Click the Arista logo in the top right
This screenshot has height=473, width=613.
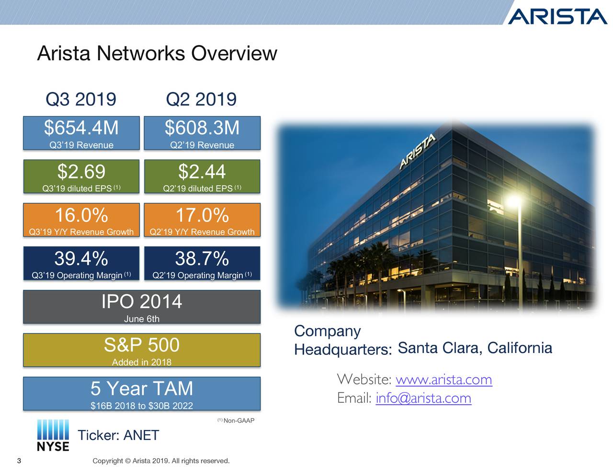557,16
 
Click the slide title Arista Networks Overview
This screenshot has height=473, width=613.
157,53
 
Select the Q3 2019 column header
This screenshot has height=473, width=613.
81,99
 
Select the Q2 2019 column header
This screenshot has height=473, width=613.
201,99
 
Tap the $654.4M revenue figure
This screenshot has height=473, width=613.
81,128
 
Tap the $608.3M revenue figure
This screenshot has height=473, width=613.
202,128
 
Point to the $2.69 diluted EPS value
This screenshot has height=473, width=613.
81,172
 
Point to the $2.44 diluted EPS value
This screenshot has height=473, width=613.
202,172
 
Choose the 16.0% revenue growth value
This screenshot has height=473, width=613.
81,215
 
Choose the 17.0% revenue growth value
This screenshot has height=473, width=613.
202,215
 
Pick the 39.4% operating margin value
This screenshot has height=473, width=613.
81,259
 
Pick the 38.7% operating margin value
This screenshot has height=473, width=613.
202,259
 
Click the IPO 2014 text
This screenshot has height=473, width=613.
142,302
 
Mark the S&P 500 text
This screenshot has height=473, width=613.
142,345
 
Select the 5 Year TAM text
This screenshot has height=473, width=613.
142,388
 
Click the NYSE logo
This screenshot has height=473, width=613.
53,435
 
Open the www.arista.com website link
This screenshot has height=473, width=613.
443,380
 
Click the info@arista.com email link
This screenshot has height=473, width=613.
423,398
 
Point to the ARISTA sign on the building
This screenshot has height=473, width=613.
418,152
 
